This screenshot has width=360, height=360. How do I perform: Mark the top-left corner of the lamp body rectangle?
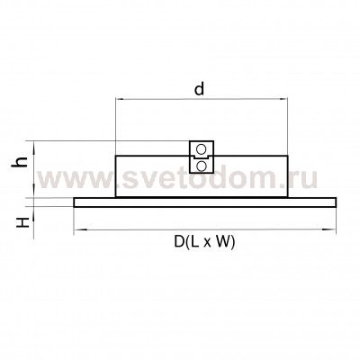click(116, 157)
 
